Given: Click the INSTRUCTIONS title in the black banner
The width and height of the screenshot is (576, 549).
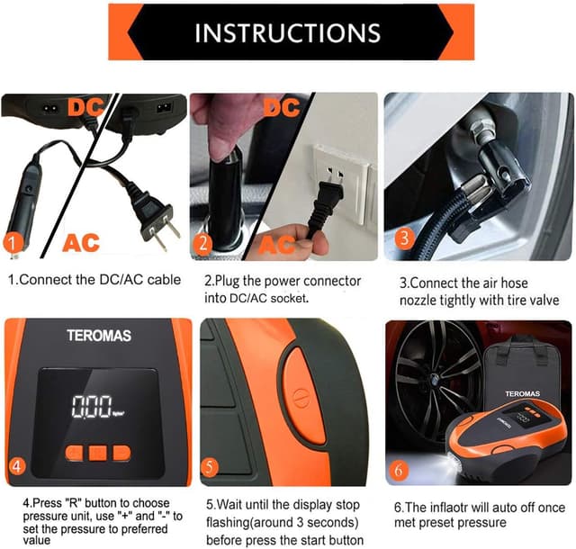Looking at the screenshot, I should [x=287, y=32].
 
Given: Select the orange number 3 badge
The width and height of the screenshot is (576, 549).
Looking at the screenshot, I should [x=405, y=238].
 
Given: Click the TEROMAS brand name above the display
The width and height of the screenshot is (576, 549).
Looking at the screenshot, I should [x=98, y=336].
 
